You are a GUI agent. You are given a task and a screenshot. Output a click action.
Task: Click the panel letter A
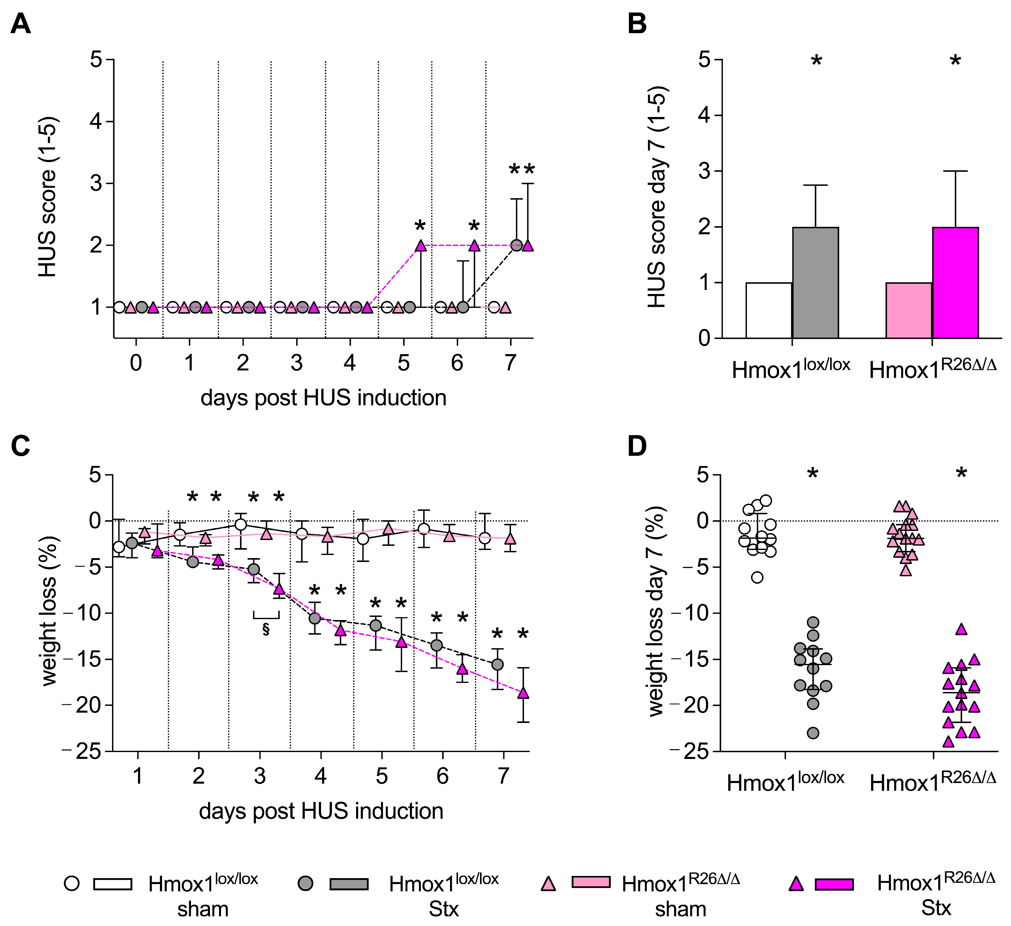pyautogui.click(x=21, y=23)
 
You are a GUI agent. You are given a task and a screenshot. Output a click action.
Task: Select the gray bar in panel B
pyautogui.click(x=815, y=283)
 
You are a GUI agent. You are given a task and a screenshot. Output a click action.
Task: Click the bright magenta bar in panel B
pyautogui.click(x=955, y=283)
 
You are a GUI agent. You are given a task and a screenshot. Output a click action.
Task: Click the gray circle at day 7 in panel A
pyautogui.click(x=516, y=246)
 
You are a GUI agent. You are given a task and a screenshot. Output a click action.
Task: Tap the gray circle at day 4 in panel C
pyautogui.click(x=314, y=618)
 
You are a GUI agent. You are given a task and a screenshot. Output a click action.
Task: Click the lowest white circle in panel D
pyautogui.click(x=757, y=577)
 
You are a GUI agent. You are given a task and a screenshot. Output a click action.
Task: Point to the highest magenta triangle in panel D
pyautogui.click(x=961, y=629)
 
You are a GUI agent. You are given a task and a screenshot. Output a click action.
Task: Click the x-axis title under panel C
pyautogui.click(x=321, y=811)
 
